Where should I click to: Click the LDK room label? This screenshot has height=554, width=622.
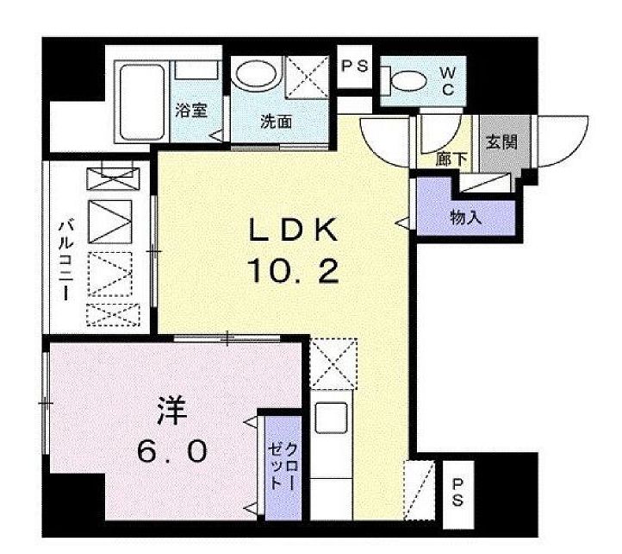[x=294, y=231]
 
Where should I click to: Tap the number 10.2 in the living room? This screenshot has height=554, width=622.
[x=294, y=273]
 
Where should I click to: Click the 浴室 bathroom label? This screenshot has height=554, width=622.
[x=190, y=110]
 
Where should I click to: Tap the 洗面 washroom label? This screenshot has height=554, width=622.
[x=276, y=122]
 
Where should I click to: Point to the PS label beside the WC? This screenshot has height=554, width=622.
[x=353, y=66]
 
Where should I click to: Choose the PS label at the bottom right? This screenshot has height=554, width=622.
[x=456, y=493]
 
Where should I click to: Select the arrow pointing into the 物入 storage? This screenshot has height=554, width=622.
[x=402, y=223]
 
